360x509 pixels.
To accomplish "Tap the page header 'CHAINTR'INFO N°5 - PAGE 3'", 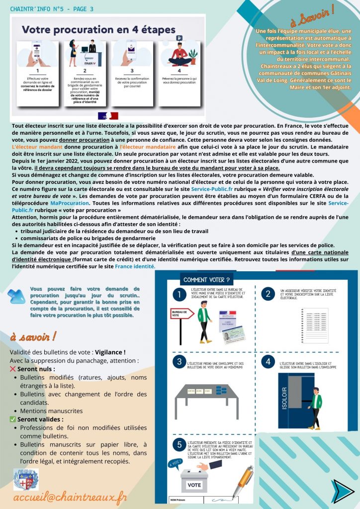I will tap(52, 9).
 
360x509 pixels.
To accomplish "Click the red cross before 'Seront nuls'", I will tap(13, 369).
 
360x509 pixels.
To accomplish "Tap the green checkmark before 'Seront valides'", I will tap(13, 419).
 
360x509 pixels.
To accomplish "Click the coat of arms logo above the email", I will tap(26, 479).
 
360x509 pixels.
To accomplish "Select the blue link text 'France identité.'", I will tap(135, 266).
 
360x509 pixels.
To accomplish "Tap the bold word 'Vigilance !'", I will tap(110, 352).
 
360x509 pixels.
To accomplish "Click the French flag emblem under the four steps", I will tap(108, 115).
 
